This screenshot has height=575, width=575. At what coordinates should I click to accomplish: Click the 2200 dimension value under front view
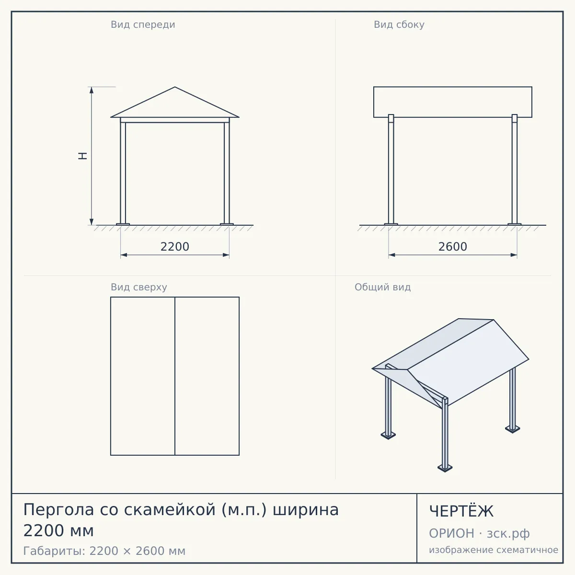[175, 247]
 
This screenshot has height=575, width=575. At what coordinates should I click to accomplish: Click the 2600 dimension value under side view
[453, 247]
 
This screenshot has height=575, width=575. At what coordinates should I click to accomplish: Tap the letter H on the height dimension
[82, 156]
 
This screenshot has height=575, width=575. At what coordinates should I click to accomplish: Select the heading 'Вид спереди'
[143, 24]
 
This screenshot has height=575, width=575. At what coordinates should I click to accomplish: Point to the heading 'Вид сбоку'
[399, 24]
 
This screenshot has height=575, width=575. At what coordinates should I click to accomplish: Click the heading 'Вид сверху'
[139, 287]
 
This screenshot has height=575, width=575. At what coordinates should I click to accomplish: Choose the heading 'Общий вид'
[382, 287]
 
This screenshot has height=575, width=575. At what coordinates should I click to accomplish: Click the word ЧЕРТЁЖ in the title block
[461, 511]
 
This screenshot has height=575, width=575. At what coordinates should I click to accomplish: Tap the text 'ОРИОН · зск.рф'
[479, 533]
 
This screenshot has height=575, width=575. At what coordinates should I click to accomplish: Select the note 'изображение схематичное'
[494, 550]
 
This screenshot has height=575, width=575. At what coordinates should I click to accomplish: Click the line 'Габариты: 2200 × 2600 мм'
[104, 551]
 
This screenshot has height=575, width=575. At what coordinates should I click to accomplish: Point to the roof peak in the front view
[175, 87]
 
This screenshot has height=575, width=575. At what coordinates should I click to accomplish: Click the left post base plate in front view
[123, 224]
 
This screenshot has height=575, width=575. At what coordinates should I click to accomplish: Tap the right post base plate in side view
[515, 224]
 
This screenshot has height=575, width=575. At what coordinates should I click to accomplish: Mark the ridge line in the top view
[175, 376]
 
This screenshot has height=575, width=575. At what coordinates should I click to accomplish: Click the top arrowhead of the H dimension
[92, 90]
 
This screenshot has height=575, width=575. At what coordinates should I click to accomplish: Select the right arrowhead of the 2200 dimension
[226, 255]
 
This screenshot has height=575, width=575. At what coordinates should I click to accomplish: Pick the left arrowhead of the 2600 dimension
[392, 255]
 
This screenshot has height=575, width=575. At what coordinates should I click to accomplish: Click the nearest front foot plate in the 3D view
[445, 468]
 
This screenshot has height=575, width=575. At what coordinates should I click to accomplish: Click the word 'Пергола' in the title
[59, 510]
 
